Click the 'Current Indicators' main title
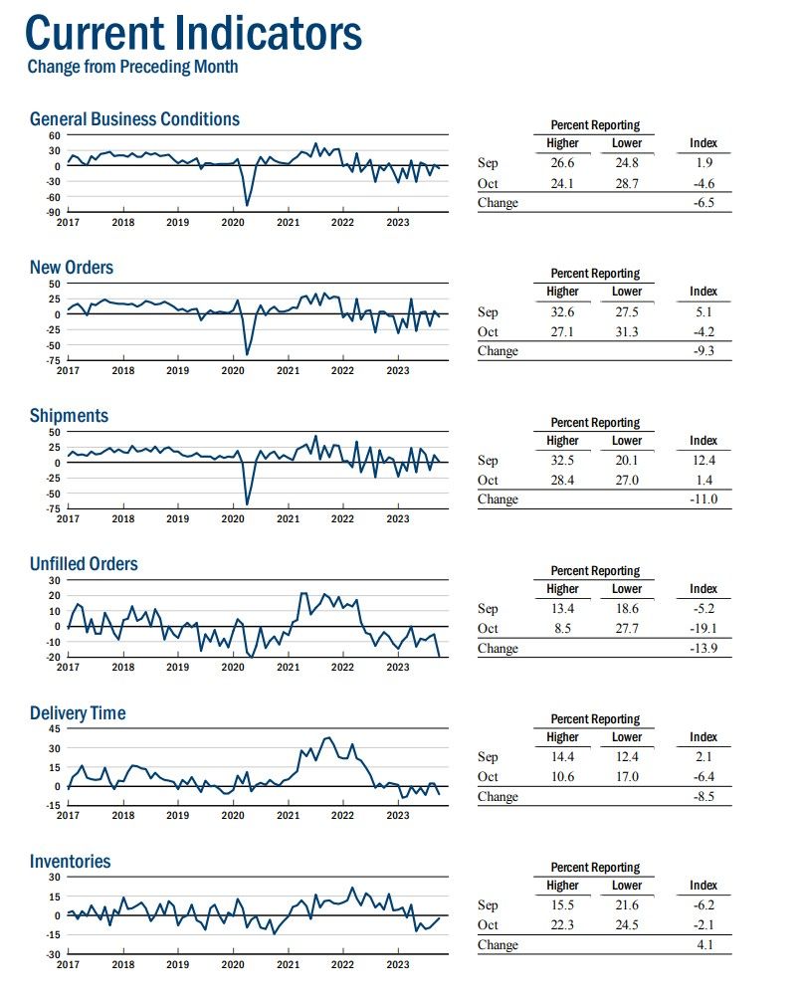tap(193, 33)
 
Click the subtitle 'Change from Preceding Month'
tap(133, 67)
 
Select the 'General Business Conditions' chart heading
tap(134, 118)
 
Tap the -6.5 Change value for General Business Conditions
tap(703, 203)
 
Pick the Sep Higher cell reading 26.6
tap(562, 163)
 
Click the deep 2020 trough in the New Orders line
tap(247, 353)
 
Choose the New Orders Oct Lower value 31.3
tap(626, 332)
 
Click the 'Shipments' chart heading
tap(70, 416)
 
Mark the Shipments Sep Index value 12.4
tap(703, 461)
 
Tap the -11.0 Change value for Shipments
tap(703, 499)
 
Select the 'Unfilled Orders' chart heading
tap(84, 564)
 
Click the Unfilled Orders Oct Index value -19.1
tap(703, 628)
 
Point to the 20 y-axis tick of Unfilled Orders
tap(55, 596)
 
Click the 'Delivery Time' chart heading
tap(78, 712)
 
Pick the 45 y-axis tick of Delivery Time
tap(55, 728)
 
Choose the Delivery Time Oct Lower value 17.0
tap(626, 776)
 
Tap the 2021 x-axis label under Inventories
tap(288, 964)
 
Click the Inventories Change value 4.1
tap(704, 945)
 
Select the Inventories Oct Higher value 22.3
tap(562, 924)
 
